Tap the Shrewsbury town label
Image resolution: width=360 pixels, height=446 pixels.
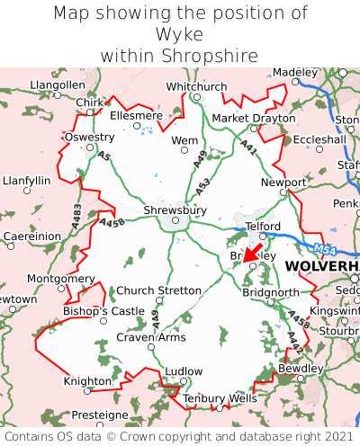click(x=175, y=210)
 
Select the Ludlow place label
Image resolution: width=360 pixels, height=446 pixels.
click(x=184, y=371)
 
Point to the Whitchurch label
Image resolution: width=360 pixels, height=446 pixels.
click(x=197, y=86)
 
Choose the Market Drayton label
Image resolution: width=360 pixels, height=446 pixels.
click(x=253, y=119)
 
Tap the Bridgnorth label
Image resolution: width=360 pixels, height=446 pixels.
click(x=269, y=293)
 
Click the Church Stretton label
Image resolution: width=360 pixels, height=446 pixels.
click(x=159, y=290)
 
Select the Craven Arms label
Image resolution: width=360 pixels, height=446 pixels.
click(x=151, y=337)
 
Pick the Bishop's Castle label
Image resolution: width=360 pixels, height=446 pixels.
click(x=103, y=311)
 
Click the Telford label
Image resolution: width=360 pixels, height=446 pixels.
click(x=264, y=227)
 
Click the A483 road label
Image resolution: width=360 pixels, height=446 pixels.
click(x=76, y=214)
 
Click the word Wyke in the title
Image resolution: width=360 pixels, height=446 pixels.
click(x=180, y=34)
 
